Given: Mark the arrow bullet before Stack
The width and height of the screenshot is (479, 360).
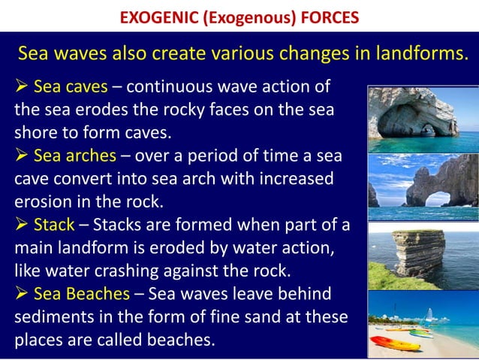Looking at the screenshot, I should click(23, 224).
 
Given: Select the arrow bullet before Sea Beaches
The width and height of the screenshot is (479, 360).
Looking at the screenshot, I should click(23, 292).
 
